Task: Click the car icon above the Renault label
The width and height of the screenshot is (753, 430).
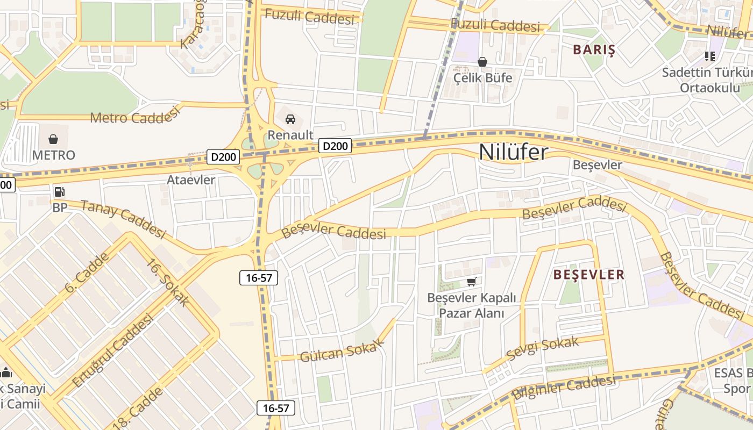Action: (x=290, y=119)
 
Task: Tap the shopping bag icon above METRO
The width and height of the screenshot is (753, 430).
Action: (x=53, y=140)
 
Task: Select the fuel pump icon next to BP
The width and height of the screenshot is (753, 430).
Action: (x=60, y=192)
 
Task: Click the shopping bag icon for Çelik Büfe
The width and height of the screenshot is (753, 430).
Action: (x=482, y=62)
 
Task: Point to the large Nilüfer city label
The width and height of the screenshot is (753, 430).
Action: (x=514, y=152)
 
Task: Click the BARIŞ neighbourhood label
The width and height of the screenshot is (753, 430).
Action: (x=594, y=50)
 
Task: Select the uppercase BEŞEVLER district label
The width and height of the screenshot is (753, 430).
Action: (x=589, y=275)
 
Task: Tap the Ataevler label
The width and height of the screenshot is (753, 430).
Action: (x=191, y=180)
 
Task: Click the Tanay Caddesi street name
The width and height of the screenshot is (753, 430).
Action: (x=123, y=219)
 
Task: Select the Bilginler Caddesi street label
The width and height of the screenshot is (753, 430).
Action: (x=563, y=388)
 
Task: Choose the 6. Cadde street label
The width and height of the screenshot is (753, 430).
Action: (x=87, y=273)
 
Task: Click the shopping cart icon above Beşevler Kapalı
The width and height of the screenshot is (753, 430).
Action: (x=472, y=282)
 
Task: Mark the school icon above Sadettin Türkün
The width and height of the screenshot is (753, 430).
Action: (x=709, y=56)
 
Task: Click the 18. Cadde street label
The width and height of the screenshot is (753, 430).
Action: (x=138, y=407)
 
